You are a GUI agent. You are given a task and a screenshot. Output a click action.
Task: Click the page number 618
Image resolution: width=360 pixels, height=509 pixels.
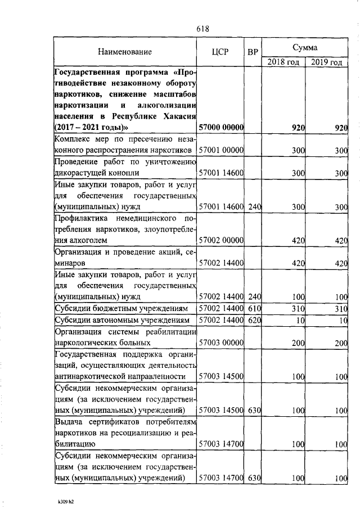point(204,28)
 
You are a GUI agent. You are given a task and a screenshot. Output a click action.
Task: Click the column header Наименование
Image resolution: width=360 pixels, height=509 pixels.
point(125,52)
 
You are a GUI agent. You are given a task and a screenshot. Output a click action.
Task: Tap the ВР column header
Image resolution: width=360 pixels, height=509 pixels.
point(253,52)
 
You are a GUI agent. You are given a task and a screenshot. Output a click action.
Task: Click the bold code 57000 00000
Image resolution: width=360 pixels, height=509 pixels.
point(221,128)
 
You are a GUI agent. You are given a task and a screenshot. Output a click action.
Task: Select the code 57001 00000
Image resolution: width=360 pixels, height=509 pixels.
point(221,150)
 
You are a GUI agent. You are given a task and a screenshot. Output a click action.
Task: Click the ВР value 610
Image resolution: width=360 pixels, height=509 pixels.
point(255,308)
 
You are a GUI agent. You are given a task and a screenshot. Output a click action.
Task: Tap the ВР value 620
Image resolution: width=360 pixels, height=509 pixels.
point(255,320)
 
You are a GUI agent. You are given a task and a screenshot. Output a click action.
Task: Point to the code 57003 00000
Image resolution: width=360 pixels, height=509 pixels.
point(221,342)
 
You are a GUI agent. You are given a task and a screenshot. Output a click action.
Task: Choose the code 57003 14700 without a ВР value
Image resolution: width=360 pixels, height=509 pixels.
point(221,444)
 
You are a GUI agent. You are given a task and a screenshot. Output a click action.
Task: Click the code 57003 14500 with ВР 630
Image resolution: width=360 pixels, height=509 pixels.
point(221,410)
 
